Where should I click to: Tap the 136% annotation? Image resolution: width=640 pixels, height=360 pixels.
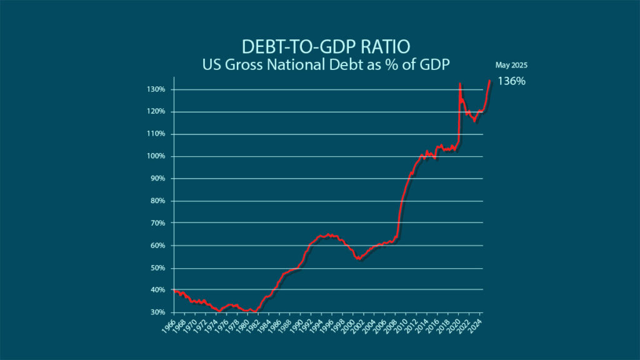(x=511, y=81)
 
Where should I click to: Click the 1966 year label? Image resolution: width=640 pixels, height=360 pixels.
(x=167, y=327)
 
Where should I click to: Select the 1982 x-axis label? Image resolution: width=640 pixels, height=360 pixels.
(x=252, y=327)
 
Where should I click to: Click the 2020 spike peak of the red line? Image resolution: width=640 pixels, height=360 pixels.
(x=460, y=83)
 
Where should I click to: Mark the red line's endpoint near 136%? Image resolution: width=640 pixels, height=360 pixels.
(x=489, y=80)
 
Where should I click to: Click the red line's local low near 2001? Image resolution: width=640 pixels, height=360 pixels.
(x=358, y=259)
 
